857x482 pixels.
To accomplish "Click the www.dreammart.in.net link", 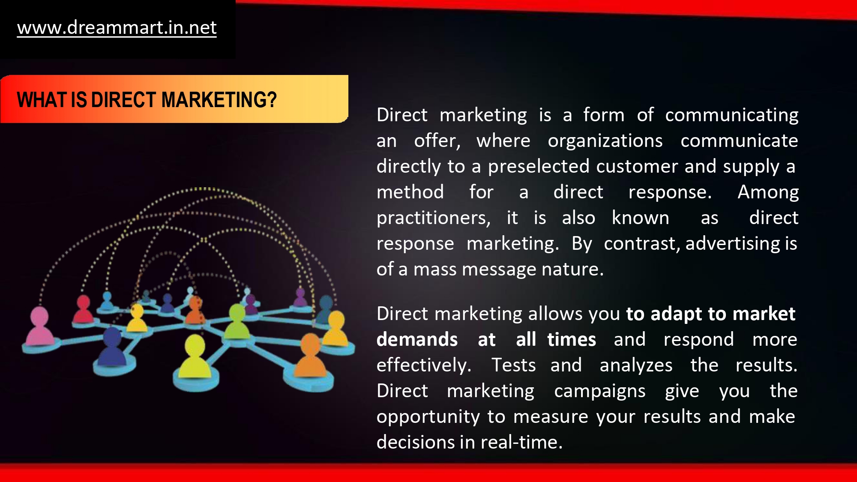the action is pyautogui.click(x=117, y=28).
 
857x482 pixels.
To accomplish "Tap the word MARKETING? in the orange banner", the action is pyautogui.click(x=219, y=100).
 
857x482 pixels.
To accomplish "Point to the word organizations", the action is pyautogui.click(x=605, y=141).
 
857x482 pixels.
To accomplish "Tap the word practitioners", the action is pyautogui.click(x=433, y=218).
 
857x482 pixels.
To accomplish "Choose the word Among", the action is pyautogui.click(x=768, y=192).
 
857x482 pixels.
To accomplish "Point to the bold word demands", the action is pyautogui.click(x=417, y=339).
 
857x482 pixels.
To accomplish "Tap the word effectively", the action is pyautogui.click(x=424, y=365).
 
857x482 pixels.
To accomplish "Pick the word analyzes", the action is pyautogui.click(x=636, y=365).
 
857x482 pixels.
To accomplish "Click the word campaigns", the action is pyautogui.click(x=599, y=391).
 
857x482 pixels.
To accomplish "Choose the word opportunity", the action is pyautogui.click(x=428, y=417).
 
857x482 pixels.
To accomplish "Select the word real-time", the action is pyautogui.click(x=521, y=442).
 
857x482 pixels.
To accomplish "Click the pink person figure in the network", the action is pyautogui.click(x=40, y=326).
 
